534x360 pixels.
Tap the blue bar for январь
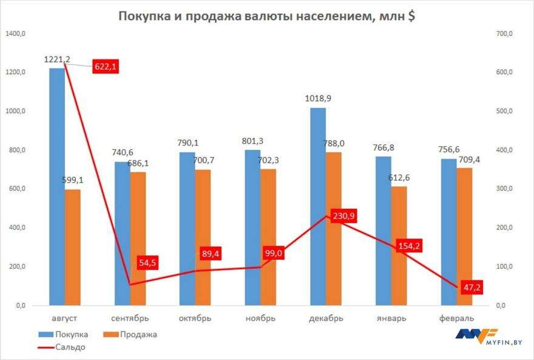pyautogui.click(x=383, y=231)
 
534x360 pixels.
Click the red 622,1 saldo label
pyautogui.click(x=105, y=67)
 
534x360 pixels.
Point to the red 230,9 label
pyautogui.click(x=343, y=217)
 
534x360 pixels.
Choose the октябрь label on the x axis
pyautogui.click(x=195, y=318)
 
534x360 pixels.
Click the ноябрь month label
pyautogui.click(x=260, y=318)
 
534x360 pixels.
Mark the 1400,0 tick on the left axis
pyautogui.click(x=16, y=34)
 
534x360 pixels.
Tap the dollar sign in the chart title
pyautogui.click(x=411, y=16)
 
